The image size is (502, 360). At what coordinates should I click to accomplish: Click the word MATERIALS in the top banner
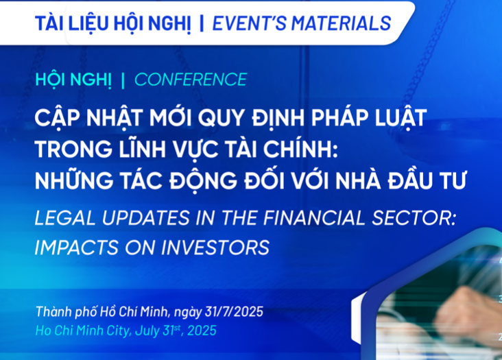coord(341,23)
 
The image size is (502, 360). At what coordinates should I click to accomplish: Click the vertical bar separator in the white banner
coord(202,23)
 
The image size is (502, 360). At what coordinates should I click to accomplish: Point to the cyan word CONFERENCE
coord(191,80)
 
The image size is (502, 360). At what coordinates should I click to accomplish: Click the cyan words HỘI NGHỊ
coord(73,80)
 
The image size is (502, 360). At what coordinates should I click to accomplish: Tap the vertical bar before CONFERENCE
coord(123,80)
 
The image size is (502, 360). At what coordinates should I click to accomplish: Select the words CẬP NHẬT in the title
coord(88,117)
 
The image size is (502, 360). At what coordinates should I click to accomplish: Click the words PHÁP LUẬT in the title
coord(369,117)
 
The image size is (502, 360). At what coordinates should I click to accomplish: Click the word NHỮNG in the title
coord(74,180)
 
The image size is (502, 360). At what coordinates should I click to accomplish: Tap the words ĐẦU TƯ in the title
coord(427,180)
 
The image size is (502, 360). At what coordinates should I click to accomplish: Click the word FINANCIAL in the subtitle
coord(314,218)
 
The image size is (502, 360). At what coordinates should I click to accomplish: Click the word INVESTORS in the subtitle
coord(215,248)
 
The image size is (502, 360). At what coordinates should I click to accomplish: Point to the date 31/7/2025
coord(234,311)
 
